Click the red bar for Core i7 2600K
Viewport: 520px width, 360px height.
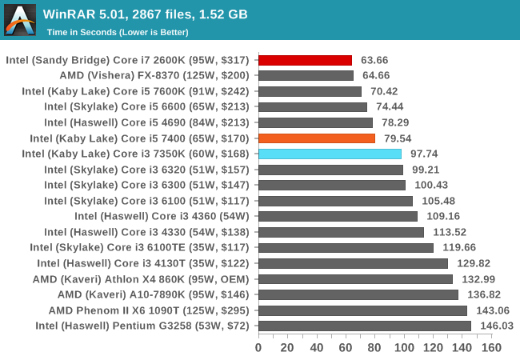coord(305,60)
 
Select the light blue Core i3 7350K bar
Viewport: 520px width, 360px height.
coord(330,154)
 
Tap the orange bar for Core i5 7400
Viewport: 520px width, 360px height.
coord(317,138)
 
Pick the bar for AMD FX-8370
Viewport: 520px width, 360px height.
coord(306,76)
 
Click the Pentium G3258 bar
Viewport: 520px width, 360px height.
coord(364,326)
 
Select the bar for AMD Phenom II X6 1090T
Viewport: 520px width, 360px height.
coord(362,310)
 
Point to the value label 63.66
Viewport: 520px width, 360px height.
coord(375,60)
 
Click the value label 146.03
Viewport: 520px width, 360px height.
coord(496,326)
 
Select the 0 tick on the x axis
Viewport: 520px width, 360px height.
coord(258,347)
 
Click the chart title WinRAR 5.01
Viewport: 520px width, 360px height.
coord(145,14)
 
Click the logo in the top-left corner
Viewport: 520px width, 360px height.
coord(20,20)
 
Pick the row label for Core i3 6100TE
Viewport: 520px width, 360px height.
coord(139,247)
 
